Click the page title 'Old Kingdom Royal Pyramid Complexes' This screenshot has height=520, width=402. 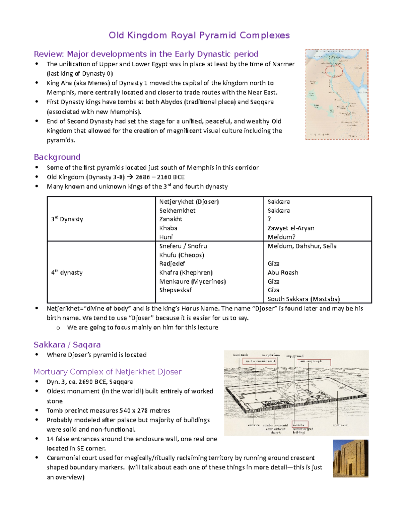(199, 35)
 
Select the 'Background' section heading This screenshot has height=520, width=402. (57, 157)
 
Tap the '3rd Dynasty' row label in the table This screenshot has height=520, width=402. (67, 219)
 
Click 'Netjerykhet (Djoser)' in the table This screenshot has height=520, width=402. (189, 202)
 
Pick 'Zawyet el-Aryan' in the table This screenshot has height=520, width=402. (291, 228)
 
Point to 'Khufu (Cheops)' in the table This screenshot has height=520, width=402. (182, 255)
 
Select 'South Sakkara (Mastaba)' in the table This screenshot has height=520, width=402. (304, 299)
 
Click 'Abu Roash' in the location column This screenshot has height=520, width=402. (283, 273)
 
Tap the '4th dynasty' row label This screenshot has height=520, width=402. (67, 273)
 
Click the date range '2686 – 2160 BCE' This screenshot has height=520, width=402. (160, 177)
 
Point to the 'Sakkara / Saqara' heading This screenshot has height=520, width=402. (67, 345)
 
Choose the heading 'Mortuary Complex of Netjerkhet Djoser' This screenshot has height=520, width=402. (107, 372)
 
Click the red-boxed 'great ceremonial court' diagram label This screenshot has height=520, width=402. (260, 361)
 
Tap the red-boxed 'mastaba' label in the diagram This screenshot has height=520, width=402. (299, 425)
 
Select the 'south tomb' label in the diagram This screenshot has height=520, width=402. (240, 355)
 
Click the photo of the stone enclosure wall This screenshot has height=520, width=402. (350, 458)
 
